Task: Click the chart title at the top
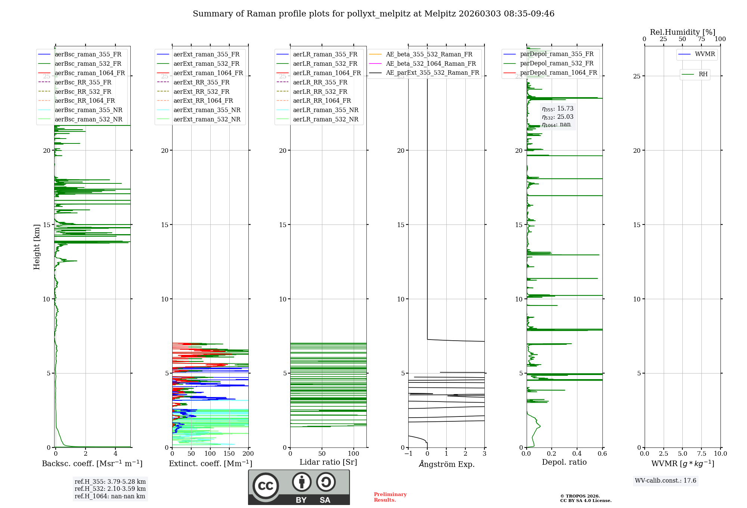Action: (373, 14)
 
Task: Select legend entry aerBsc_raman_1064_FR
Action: (90, 73)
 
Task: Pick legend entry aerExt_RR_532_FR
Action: (201, 92)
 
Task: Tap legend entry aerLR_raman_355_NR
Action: (325, 110)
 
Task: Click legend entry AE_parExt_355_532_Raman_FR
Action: (432, 73)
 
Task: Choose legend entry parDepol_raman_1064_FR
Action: (558, 73)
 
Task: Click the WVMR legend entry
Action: (705, 54)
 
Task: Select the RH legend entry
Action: (703, 74)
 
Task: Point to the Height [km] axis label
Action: (37, 247)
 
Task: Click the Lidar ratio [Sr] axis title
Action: (328, 462)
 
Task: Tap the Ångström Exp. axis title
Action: (447, 464)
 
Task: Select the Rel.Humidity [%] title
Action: (682, 32)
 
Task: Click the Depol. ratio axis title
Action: (564, 462)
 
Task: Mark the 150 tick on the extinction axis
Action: (229, 454)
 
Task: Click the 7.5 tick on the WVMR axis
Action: (701, 454)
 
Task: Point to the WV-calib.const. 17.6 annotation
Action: (666, 481)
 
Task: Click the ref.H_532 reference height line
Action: (110, 489)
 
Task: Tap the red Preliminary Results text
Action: (390, 497)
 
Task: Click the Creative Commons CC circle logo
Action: (266, 486)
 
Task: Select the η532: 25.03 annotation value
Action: (558, 117)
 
